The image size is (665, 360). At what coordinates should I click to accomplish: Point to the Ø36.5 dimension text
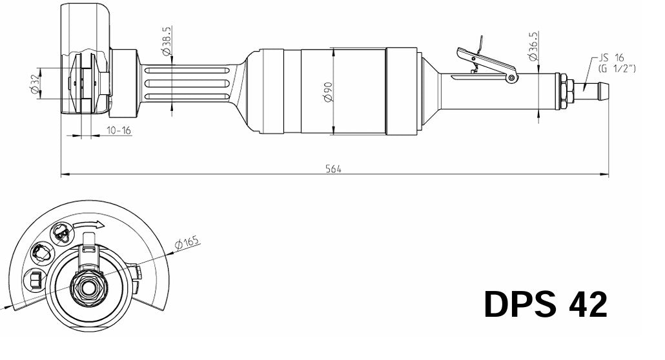click(533, 47)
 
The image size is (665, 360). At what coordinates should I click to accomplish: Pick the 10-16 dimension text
click(119, 130)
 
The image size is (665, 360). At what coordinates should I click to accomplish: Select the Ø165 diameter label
click(188, 243)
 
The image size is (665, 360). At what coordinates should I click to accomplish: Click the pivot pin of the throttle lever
click(512, 78)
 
